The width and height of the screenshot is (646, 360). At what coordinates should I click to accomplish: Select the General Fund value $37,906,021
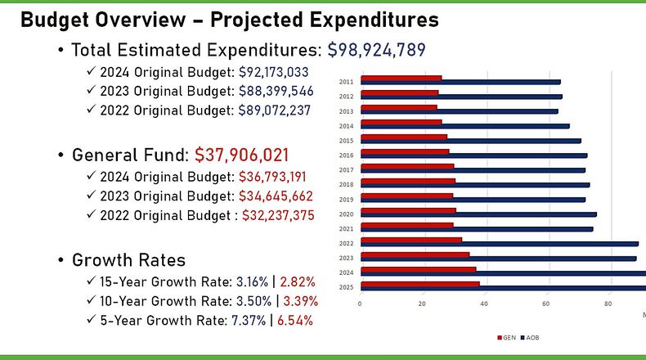click(240, 155)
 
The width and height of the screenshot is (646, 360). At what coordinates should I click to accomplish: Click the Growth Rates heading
click(128, 260)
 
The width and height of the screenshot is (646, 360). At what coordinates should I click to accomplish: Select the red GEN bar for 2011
click(401, 79)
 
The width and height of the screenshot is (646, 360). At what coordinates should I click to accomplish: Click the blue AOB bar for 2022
click(499, 243)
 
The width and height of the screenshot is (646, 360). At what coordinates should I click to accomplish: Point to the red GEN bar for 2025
click(419, 284)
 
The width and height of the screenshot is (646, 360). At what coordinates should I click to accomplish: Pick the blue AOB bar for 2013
click(459, 110)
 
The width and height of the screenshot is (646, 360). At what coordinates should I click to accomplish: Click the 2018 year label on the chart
click(346, 185)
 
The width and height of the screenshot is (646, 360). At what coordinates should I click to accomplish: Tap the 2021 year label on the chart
click(346, 228)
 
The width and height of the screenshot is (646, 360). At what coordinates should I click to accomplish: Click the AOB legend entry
click(530, 337)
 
